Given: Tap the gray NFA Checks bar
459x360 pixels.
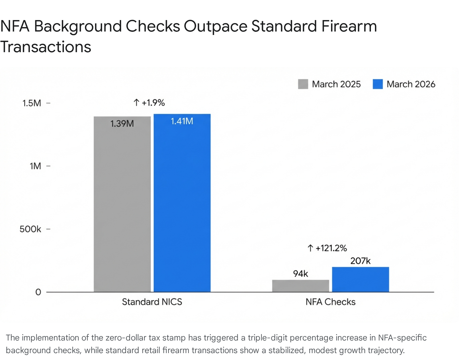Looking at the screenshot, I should click(x=300, y=286).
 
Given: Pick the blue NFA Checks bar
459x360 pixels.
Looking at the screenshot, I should click(x=360, y=279).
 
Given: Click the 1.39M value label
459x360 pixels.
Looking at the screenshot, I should click(x=122, y=124).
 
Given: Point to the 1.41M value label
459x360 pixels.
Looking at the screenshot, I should click(x=182, y=121).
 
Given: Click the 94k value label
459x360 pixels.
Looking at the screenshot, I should click(x=300, y=274).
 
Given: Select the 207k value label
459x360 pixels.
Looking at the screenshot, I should click(x=360, y=261).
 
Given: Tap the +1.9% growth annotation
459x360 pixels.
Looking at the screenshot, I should click(x=149, y=103).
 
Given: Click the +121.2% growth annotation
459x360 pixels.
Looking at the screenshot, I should click(x=327, y=248).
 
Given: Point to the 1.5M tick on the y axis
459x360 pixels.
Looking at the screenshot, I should click(x=32, y=103).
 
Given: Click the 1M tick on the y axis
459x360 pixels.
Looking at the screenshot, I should click(x=35, y=166).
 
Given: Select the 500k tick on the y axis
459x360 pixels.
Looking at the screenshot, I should click(x=30, y=229).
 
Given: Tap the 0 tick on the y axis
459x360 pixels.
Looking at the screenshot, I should click(x=38, y=292).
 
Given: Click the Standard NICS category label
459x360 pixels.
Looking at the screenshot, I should click(x=152, y=302).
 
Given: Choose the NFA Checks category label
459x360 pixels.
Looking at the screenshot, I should click(x=330, y=302).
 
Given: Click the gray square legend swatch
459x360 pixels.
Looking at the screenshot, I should click(x=303, y=84).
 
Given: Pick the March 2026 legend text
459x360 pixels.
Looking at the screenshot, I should click(x=411, y=84).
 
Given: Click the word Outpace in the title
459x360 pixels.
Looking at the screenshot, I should click(x=215, y=26).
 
